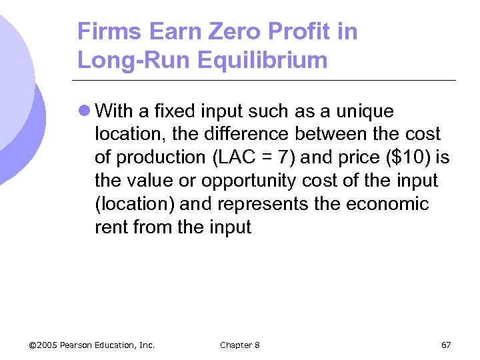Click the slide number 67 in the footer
coord(446,345)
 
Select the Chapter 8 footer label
coord(240,345)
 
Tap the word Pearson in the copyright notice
coord(79,345)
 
